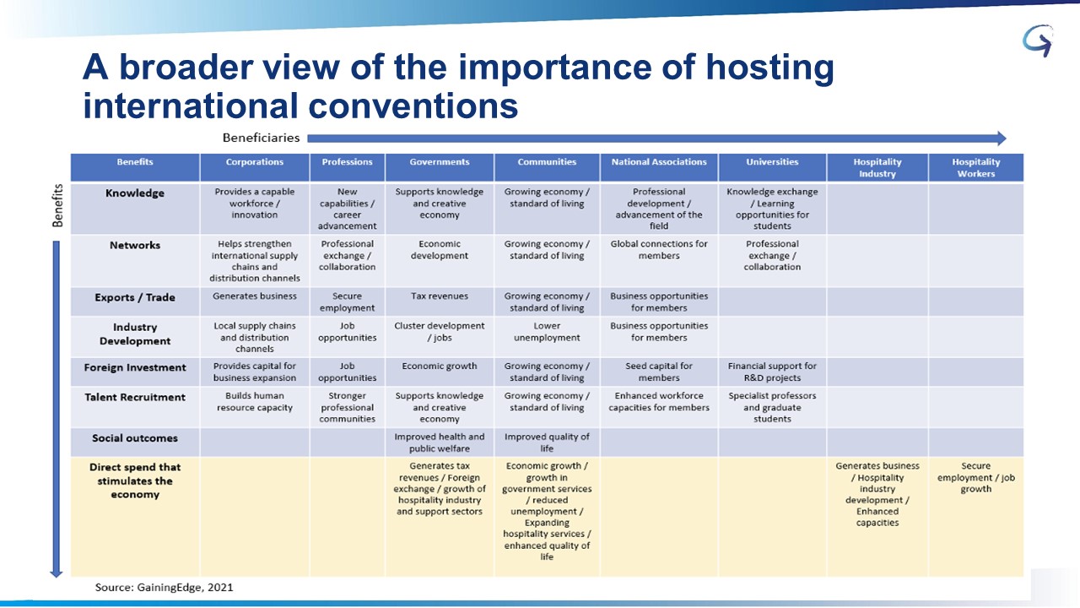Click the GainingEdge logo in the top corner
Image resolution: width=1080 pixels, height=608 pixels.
click(x=1038, y=41)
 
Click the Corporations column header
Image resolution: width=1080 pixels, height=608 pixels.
click(x=255, y=162)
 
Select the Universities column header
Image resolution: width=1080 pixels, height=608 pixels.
click(x=772, y=162)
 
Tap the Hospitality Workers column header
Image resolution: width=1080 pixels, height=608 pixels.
click(x=976, y=168)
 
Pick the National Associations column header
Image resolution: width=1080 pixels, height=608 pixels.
click(x=659, y=162)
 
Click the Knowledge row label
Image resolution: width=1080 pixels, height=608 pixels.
click(x=135, y=193)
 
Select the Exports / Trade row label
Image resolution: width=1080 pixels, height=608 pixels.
click(x=135, y=297)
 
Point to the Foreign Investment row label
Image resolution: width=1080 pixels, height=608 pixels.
click(x=135, y=367)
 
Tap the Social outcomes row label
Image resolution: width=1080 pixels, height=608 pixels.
click(x=135, y=438)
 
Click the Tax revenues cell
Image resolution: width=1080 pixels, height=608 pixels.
click(x=440, y=296)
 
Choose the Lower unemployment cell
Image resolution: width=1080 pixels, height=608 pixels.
click(x=547, y=332)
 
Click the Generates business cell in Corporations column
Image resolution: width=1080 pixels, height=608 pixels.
click(x=255, y=296)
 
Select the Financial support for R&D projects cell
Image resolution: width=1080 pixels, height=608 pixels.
click(x=772, y=372)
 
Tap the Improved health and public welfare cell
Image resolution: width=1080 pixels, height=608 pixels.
click(x=440, y=442)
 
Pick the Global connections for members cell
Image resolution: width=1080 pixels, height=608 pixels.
click(x=659, y=249)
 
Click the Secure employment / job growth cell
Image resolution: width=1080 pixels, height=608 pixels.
click(x=976, y=477)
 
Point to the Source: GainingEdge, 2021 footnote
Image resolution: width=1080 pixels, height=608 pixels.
click(x=164, y=587)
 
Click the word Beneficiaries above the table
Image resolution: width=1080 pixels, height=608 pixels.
click(x=261, y=138)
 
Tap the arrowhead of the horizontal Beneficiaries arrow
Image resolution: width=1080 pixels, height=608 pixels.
click(x=1001, y=138)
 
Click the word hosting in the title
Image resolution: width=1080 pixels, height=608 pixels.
click(x=770, y=68)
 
